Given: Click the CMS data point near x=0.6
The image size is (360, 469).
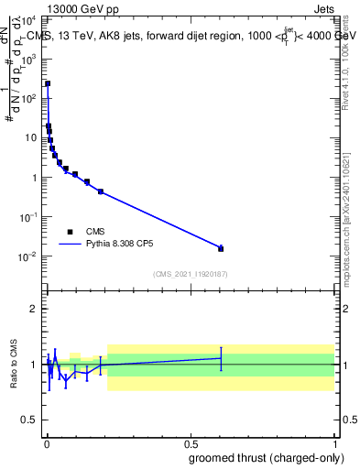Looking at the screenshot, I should tap(221, 248).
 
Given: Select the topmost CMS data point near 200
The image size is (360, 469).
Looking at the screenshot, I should tap(48, 83).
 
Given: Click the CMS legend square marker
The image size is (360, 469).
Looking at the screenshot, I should tap(70, 232).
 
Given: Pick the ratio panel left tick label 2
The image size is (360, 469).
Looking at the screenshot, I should tap(34, 309).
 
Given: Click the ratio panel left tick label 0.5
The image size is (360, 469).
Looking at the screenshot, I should tap(29, 420).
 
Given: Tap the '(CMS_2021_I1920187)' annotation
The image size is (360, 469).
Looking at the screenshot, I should tap(190, 274).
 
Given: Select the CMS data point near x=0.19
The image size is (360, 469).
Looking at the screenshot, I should tap(101, 191).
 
